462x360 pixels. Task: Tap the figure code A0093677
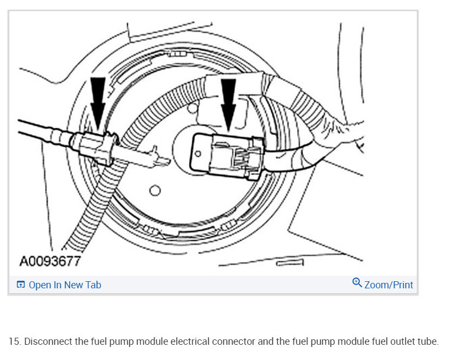[x=50, y=262]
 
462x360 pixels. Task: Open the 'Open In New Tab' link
[x=65, y=285]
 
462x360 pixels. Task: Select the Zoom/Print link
[x=389, y=285]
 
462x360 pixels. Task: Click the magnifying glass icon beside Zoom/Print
[x=357, y=283]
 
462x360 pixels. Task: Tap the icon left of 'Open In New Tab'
[x=21, y=285]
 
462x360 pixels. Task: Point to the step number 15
[x=14, y=342]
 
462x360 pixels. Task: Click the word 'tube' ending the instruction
[x=427, y=342]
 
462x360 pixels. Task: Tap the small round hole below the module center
[x=155, y=190]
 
